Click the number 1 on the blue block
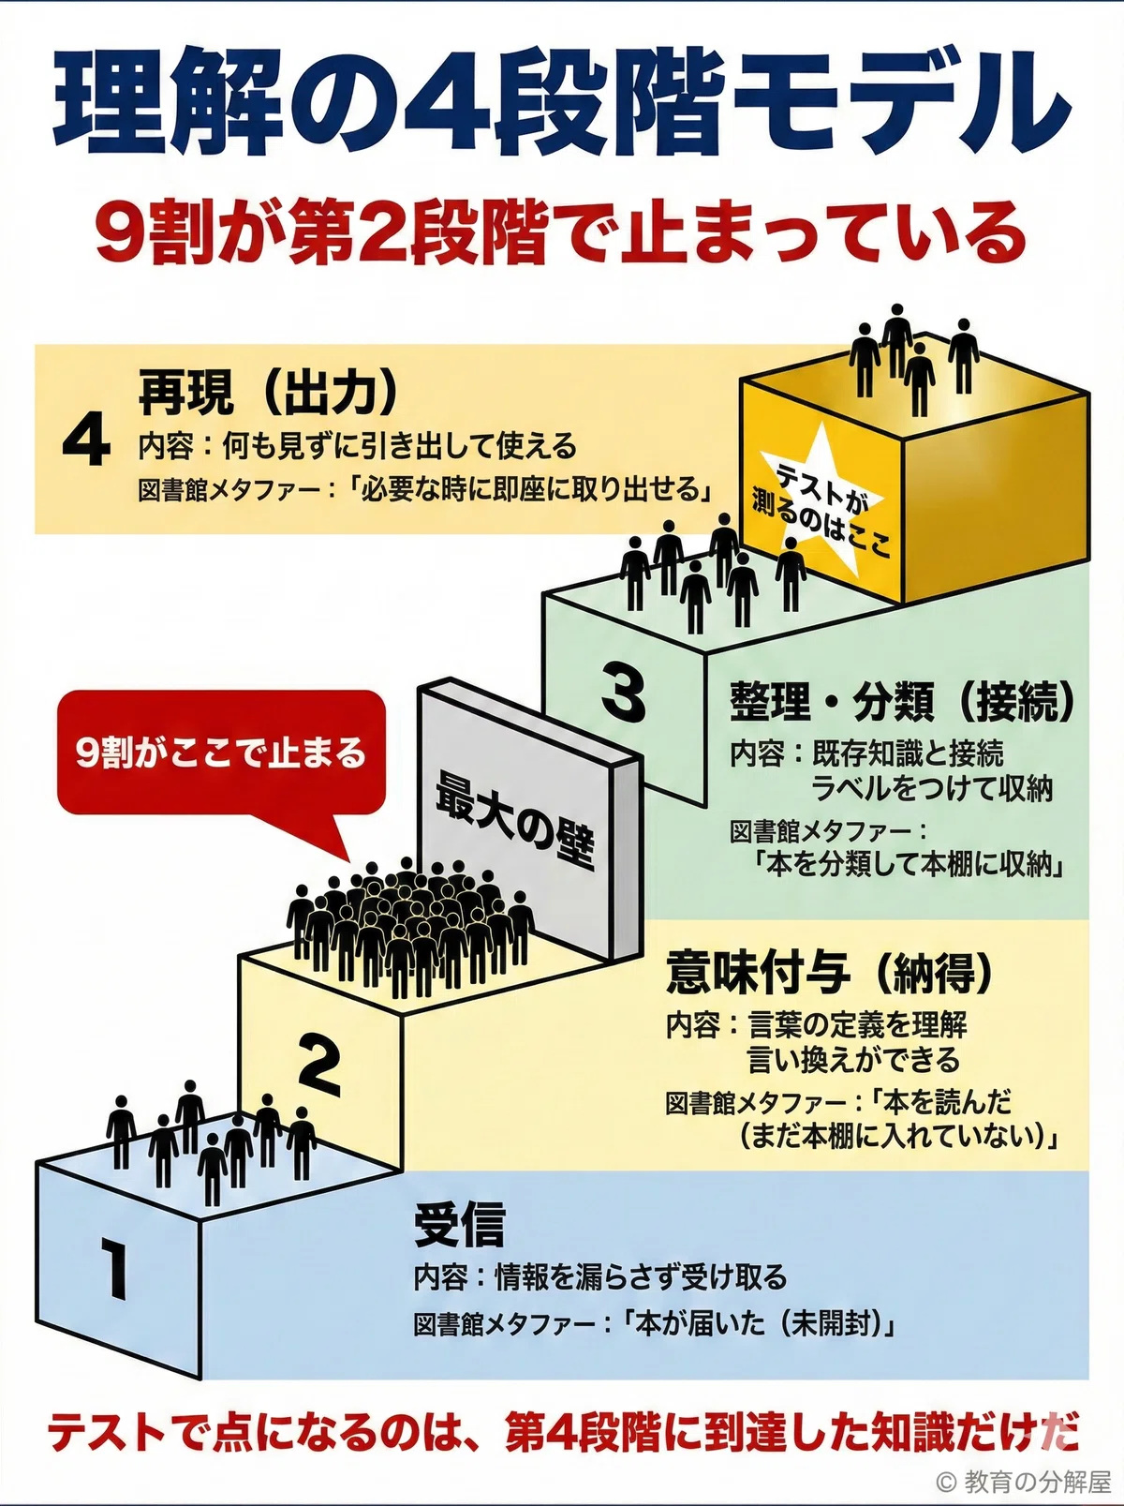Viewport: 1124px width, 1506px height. point(114,1268)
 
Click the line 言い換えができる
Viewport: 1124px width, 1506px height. point(853,1060)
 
